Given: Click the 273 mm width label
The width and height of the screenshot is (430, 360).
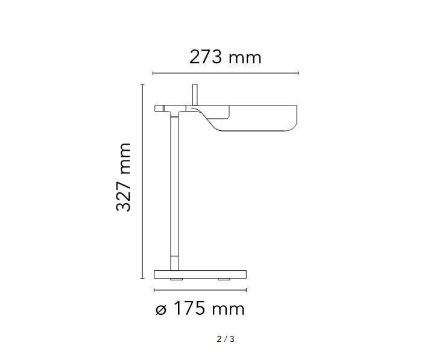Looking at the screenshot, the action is (x=225, y=57).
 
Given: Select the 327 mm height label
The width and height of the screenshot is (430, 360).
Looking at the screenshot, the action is (x=123, y=177).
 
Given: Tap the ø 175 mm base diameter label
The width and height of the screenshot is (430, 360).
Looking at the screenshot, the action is (x=200, y=309).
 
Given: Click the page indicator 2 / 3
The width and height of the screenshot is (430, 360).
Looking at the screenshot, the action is (x=226, y=339).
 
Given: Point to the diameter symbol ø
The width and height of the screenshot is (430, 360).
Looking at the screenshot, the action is (x=161, y=310).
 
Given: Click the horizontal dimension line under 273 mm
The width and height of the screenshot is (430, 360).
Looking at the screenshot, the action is (x=226, y=73).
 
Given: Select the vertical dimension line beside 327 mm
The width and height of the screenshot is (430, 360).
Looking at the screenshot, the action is (x=142, y=182).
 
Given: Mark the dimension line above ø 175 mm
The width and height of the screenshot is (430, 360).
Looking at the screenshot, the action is (x=200, y=290).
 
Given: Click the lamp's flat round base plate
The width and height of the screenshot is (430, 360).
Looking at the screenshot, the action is (x=200, y=274).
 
